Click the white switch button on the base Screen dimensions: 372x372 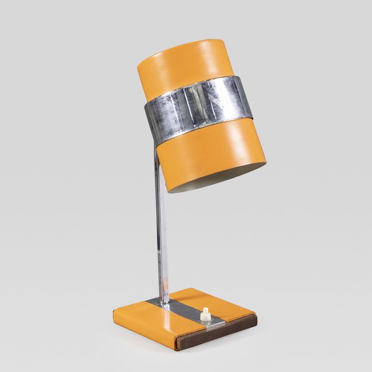tap(205, 316)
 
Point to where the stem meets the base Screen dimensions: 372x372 tap(163, 302)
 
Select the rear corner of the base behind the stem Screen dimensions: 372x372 tap(186, 289)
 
